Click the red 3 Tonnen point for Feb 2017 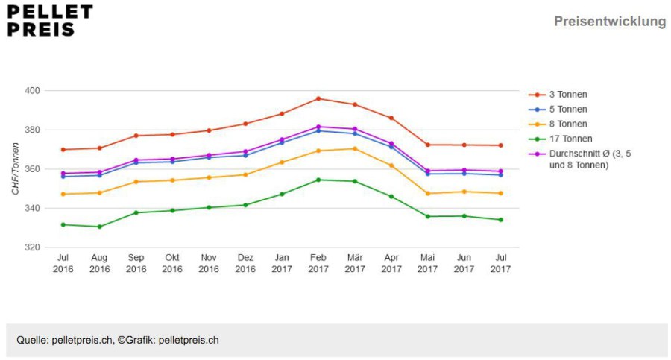pos(318,99)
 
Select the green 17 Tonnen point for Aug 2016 pos(99,227)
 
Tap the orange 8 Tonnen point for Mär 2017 pos(355,149)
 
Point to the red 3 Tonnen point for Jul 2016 pos(63,150)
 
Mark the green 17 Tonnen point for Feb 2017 pos(318,180)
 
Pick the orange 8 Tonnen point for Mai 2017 pos(427,194)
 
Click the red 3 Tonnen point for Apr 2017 pos(391,119)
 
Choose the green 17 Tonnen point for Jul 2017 pos(501,220)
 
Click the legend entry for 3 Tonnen pos(558,95)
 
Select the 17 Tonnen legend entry pos(561,139)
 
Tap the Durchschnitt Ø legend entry pos(580,160)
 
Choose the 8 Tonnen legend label pos(568,124)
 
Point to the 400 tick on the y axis pos(33,91)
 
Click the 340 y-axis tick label pos(33,209)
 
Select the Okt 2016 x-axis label pos(172,263)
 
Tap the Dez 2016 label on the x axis pos(245,263)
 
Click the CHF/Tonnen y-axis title pos(16,168)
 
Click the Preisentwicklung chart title pos(610,22)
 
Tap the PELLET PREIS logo pos(50,21)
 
